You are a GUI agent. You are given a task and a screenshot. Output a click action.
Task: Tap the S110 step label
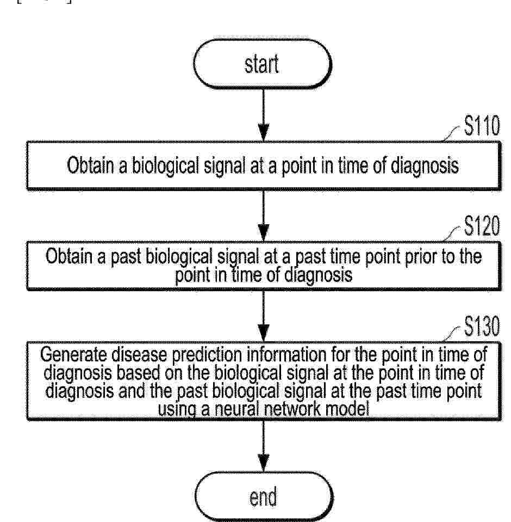pos(482,126)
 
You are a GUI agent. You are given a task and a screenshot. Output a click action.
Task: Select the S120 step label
pos(482,225)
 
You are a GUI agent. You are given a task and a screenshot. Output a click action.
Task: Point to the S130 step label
pos(482,326)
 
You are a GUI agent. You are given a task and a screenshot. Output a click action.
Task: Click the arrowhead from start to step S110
pos(264,133)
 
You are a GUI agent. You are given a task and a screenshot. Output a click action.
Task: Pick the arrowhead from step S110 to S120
pos(264,233)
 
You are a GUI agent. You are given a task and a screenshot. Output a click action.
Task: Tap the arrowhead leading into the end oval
pos(264,463)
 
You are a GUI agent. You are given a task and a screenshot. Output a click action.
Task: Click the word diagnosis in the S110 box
pos(425,166)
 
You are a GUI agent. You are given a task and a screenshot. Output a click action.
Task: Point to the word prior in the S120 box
pos(421,257)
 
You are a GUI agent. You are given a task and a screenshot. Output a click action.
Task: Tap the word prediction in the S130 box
pos(207,355)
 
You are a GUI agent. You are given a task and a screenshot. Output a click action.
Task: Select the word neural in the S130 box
pos(236,409)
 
